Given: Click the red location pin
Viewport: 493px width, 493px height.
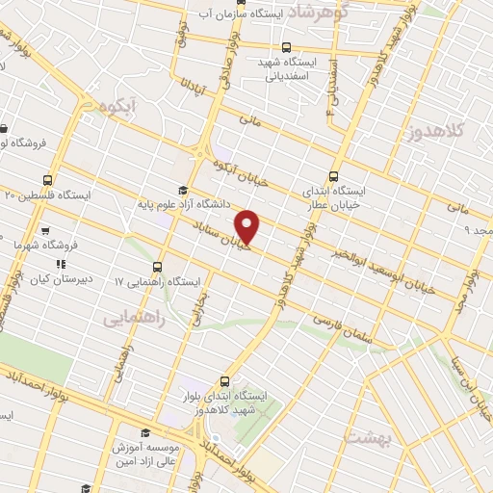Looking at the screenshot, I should [248, 226].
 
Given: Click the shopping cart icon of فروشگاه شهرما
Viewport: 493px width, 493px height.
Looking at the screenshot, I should [45, 231].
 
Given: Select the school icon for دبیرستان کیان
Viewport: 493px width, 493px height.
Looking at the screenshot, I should [61, 262].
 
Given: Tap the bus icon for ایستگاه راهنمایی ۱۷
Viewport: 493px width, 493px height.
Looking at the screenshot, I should [157, 267].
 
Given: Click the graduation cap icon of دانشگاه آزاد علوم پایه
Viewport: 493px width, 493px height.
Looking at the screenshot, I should [182, 191].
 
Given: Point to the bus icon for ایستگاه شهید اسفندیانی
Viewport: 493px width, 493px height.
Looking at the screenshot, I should [286, 46].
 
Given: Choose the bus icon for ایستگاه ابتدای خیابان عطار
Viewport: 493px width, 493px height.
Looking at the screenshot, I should [333, 176].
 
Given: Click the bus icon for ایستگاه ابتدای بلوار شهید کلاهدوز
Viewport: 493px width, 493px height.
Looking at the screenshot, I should [224, 382].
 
